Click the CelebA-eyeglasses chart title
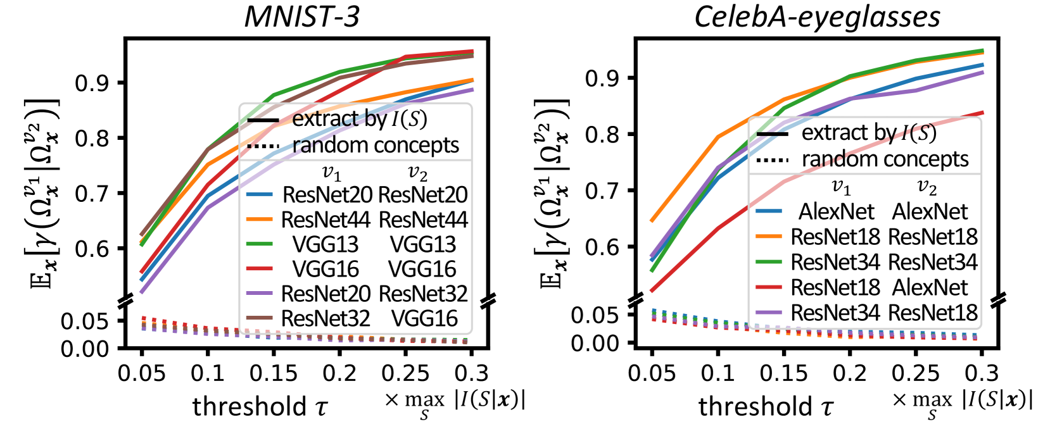click(817, 16)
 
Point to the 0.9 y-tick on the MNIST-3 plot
click(91, 83)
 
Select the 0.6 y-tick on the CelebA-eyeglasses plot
click(602, 247)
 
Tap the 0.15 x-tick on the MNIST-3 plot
click(274, 373)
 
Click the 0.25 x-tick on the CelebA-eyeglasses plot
click(915, 373)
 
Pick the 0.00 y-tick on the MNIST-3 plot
click(85, 349)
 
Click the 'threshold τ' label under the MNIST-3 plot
click(260, 406)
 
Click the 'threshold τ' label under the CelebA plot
click(766, 406)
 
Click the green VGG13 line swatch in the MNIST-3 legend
click(259, 244)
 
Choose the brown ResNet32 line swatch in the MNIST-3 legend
click(259, 318)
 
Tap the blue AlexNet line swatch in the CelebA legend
click(769, 211)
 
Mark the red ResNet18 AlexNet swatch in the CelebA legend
click(769, 287)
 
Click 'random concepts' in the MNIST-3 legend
click(375, 146)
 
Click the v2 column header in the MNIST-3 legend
click(418, 172)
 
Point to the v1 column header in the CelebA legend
click(841, 186)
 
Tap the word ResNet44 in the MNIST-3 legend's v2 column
click(423, 220)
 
